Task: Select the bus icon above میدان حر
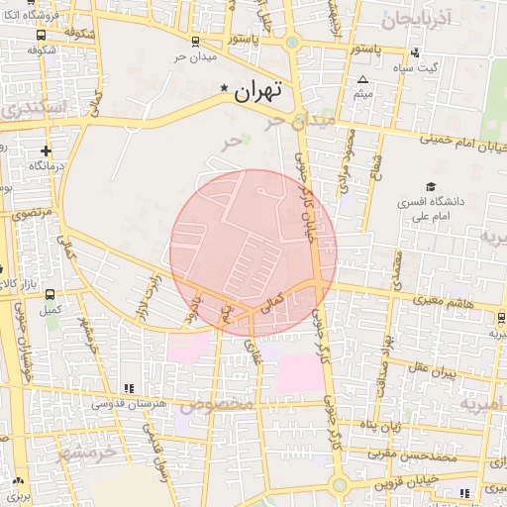[195, 42]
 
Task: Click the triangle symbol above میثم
[362, 80]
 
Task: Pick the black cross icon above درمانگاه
[46, 151]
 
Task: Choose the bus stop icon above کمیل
[50, 294]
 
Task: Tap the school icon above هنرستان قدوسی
[127, 388]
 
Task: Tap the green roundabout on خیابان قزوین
[340, 484]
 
